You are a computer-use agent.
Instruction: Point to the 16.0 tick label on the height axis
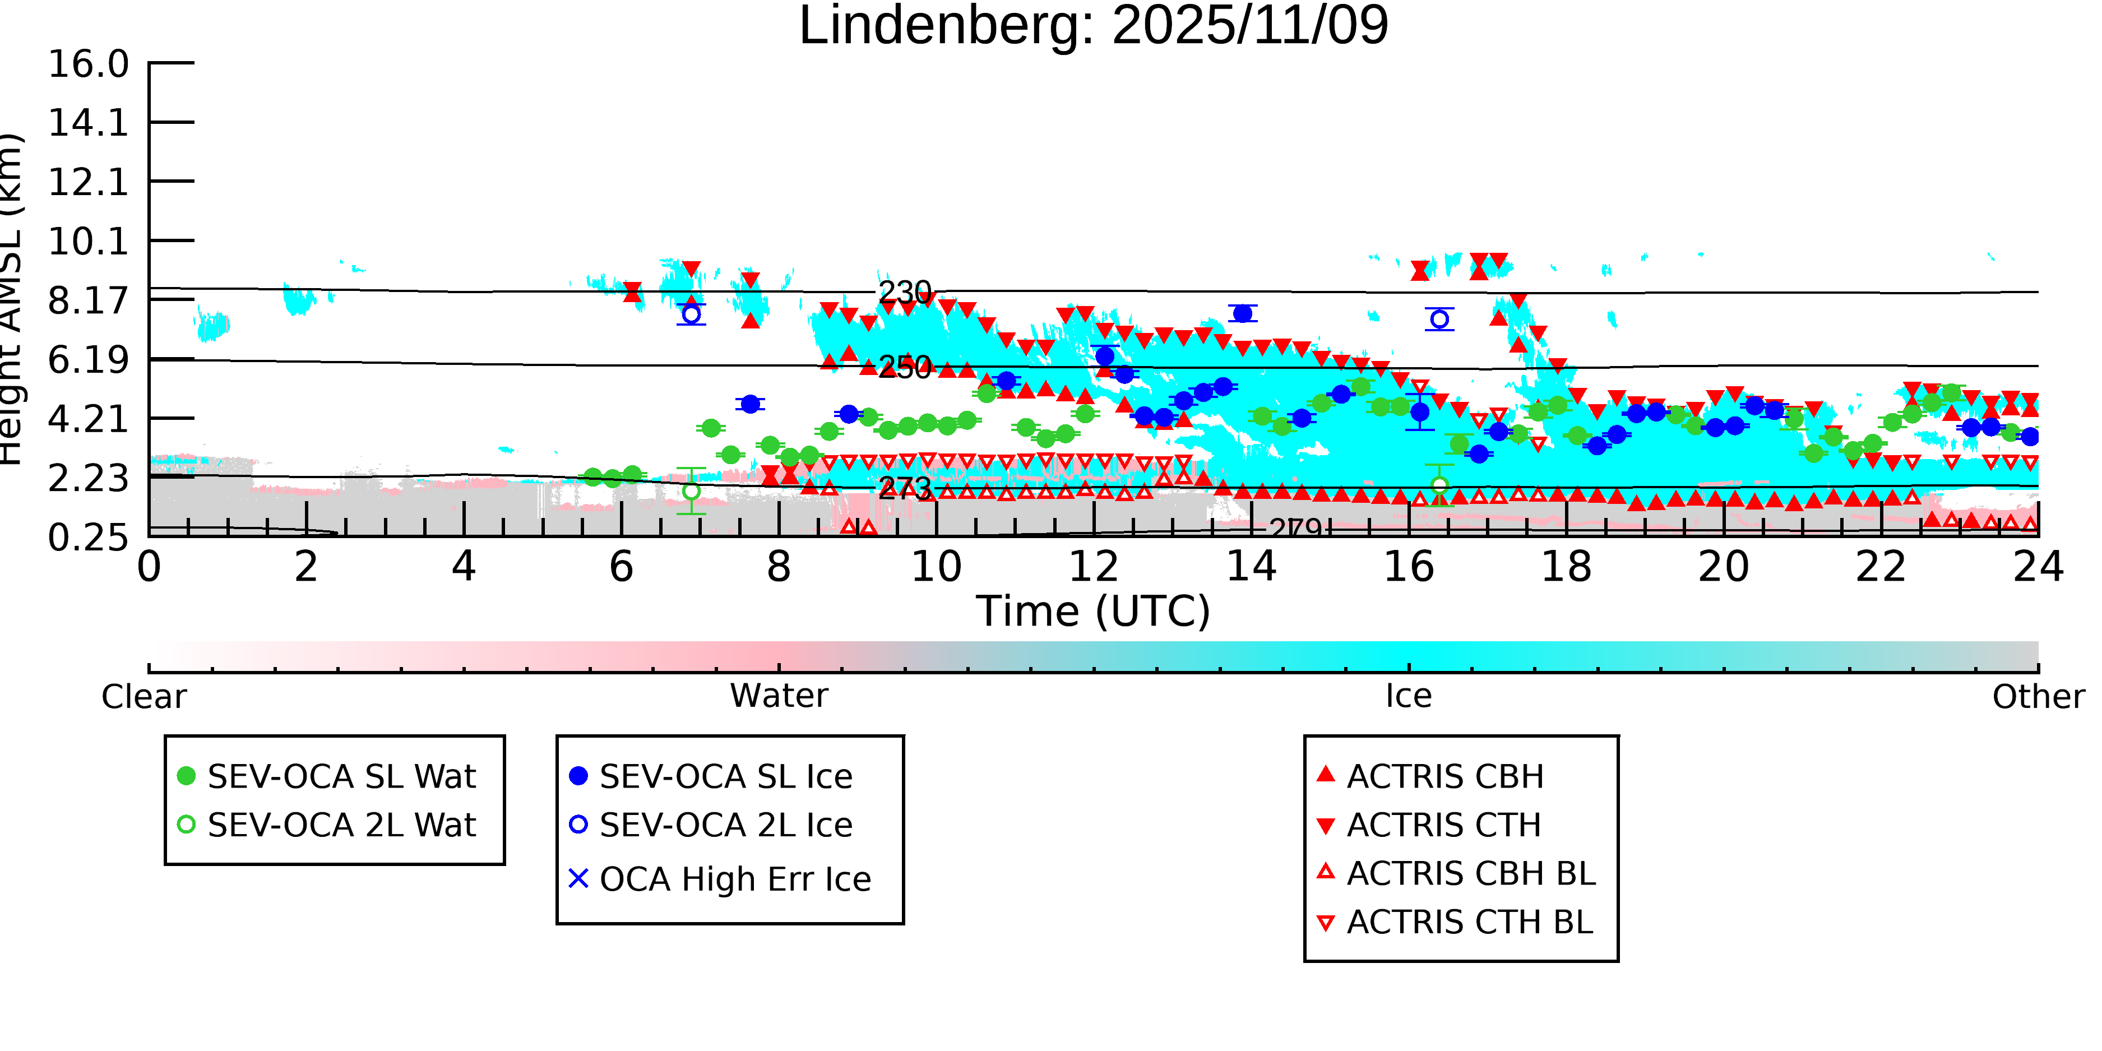[88, 64]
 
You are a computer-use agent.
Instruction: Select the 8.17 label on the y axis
[88, 301]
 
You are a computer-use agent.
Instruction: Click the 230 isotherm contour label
[905, 292]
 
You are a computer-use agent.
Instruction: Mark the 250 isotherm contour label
[905, 367]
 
